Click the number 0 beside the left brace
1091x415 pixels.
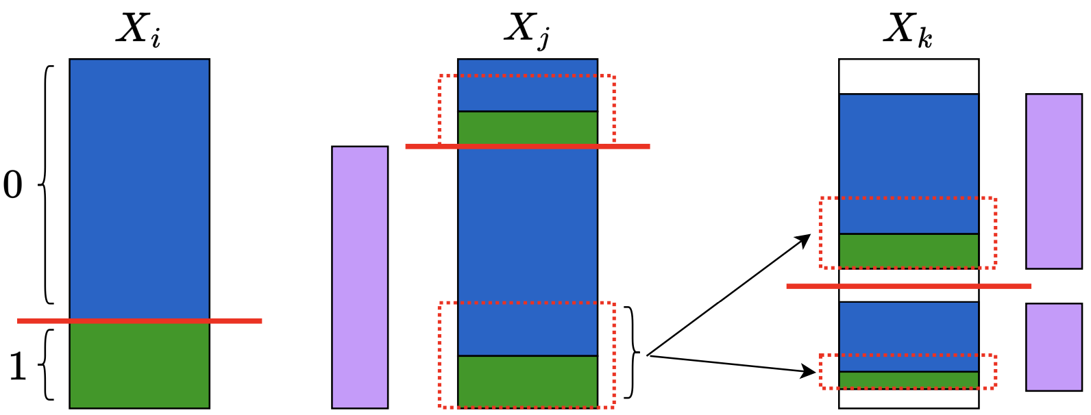13,185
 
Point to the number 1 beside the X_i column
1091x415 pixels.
17,367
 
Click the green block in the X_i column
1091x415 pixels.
139,365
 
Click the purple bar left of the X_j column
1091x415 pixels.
360,277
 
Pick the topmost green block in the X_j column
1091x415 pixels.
527,127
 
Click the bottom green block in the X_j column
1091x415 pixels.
527,381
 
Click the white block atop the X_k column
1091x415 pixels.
908,76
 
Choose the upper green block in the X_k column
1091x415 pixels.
908,250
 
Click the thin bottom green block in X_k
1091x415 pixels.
908,380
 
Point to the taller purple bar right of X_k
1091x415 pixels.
1053,181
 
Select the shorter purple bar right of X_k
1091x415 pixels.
1053,347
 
